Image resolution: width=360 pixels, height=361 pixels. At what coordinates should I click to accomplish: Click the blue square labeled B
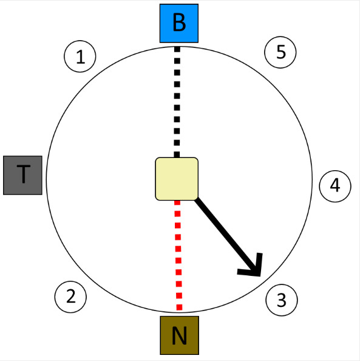179,23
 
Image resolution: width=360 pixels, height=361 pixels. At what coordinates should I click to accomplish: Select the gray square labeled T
22,175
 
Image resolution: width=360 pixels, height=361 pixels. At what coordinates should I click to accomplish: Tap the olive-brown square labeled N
180,335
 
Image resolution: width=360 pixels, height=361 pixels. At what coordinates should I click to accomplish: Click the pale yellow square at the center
177,179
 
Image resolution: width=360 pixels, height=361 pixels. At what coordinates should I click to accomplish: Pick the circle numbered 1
80,57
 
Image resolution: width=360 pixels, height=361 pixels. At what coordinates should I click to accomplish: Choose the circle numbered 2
70,297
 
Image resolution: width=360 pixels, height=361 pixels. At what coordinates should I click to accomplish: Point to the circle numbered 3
282,300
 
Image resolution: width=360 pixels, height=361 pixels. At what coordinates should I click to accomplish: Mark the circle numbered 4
335,186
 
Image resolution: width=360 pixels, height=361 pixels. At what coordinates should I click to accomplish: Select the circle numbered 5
280,52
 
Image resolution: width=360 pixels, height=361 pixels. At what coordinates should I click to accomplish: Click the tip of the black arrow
260,276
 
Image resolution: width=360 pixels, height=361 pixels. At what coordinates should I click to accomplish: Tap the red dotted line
178,255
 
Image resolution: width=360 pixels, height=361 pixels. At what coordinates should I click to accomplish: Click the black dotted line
177,102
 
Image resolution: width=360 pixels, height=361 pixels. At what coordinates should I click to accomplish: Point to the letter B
179,23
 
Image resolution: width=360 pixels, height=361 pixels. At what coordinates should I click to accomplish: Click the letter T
24,174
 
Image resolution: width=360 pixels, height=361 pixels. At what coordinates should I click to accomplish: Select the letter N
180,335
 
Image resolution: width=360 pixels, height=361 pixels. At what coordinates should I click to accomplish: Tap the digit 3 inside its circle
282,300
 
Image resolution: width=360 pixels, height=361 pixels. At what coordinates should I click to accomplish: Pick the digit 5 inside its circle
281,52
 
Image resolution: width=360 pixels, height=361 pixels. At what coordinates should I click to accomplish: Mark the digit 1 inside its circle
80,57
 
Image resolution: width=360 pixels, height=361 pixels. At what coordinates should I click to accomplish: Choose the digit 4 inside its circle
335,185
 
